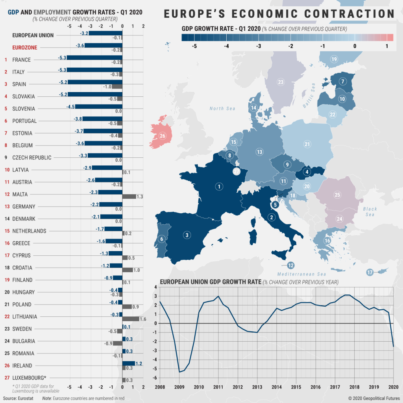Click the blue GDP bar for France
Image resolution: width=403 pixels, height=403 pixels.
coord(94,57)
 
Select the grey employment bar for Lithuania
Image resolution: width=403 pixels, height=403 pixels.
coord(130,319)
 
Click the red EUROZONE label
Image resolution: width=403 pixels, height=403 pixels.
coord(25,48)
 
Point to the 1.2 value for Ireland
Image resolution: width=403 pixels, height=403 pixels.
coord(139,363)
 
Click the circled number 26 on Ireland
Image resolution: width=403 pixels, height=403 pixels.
coord(163,136)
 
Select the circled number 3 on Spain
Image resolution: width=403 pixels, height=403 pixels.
coord(187,235)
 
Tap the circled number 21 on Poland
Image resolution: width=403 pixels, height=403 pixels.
coord(307,144)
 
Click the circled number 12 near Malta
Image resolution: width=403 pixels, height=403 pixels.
coord(291,265)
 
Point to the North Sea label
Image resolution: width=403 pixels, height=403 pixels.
coord(222,109)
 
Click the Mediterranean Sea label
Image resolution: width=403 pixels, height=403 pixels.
coord(302,274)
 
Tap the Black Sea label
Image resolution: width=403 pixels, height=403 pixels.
coord(370,211)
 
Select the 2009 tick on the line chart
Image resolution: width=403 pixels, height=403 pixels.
coord(179,387)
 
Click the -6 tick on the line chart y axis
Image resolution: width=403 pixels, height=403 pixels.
coord(155,378)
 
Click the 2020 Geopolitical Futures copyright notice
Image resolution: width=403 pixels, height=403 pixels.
coord(374,398)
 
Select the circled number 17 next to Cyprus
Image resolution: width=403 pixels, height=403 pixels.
coord(370,272)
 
